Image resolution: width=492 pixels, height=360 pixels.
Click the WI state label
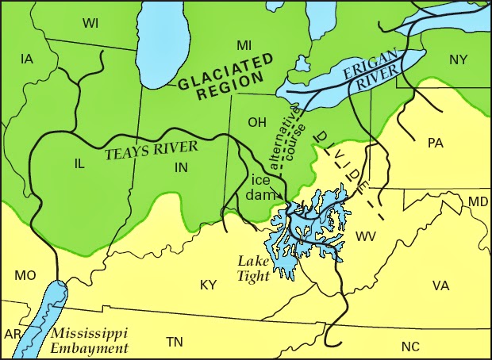[x=90, y=23]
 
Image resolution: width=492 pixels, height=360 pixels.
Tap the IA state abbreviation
[x=27, y=59]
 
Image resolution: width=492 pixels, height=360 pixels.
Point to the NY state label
[x=459, y=60]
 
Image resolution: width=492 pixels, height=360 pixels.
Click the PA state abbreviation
[x=435, y=143]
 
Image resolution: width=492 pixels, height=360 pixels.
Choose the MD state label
[x=478, y=202]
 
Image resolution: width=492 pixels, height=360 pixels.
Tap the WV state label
[x=367, y=236]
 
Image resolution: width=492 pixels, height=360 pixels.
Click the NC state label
[x=409, y=346]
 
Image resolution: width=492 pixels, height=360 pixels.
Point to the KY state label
[x=208, y=284]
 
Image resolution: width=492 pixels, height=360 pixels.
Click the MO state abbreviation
[x=25, y=275]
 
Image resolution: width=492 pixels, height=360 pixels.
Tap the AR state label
[x=12, y=334]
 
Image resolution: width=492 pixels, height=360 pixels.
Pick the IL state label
[x=79, y=163]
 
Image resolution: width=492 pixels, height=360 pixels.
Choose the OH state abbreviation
[x=257, y=123]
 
